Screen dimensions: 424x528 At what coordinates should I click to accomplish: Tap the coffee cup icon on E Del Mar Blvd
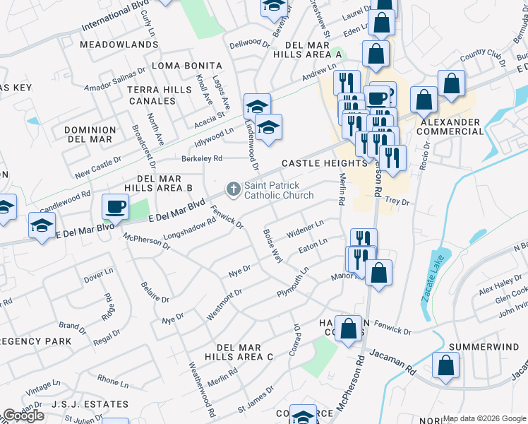(115, 207)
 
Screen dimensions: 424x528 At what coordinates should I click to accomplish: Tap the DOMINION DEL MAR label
(90, 134)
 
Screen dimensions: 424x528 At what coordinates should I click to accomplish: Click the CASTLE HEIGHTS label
(325, 163)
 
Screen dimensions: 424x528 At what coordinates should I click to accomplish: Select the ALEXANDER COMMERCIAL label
(450, 127)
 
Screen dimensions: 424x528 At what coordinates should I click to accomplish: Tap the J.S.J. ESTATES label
(93, 404)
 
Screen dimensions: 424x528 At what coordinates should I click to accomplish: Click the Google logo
(23, 416)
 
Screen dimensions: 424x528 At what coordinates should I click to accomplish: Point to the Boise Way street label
(272, 245)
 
